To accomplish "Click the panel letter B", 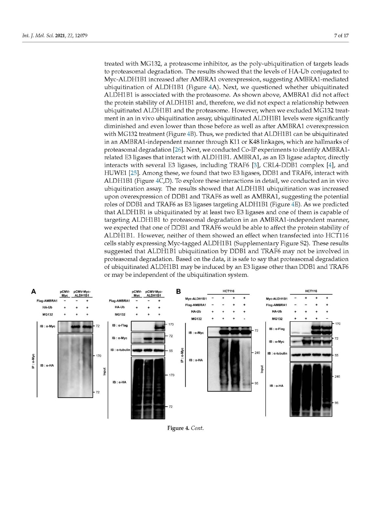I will [x=178, y=291].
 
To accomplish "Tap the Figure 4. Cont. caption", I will [x=185, y=428].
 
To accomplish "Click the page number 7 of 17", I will [x=341, y=35].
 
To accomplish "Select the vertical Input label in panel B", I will [x=262, y=369].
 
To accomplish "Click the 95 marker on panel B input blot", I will [x=336, y=403].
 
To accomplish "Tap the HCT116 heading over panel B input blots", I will [x=311, y=291].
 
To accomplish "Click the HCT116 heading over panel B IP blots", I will [x=228, y=291].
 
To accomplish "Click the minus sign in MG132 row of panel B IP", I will [x=244, y=319].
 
